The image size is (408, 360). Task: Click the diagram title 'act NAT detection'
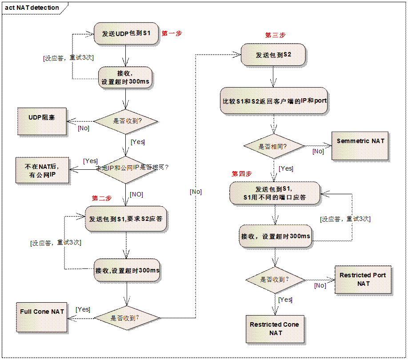[x=32, y=8]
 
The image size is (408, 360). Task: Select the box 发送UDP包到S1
[x=126, y=33]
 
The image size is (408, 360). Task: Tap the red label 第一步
[x=172, y=33]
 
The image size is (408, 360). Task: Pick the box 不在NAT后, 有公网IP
[x=42, y=170]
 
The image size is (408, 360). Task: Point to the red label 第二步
[x=102, y=198]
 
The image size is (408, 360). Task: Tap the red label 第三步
[x=275, y=35]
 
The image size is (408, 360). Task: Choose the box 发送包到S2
[x=273, y=55]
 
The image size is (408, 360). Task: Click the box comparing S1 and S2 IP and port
[x=274, y=100]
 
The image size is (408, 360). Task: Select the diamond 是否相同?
[x=272, y=146]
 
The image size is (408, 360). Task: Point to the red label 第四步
[x=242, y=173]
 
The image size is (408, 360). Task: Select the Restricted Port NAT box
[x=363, y=279]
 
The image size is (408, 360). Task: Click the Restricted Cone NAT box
[x=274, y=328]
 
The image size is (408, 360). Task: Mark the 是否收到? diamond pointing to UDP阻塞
[x=127, y=120]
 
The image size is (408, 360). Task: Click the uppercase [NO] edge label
[x=136, y=194]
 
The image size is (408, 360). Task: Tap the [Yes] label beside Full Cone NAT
[x=83, y=309]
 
